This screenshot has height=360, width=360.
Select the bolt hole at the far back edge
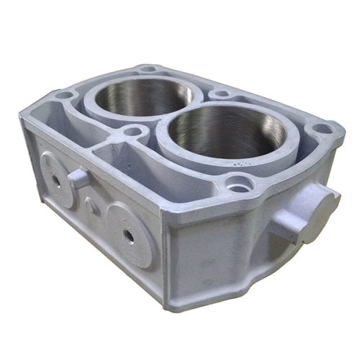(149, 70)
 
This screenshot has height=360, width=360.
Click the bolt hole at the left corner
(64, 95)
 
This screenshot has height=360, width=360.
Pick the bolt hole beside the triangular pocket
(132, 132)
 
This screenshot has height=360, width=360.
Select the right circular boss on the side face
(130, 234)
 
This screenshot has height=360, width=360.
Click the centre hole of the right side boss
(129, 235)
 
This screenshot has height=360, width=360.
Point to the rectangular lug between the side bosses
(78, 178)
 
